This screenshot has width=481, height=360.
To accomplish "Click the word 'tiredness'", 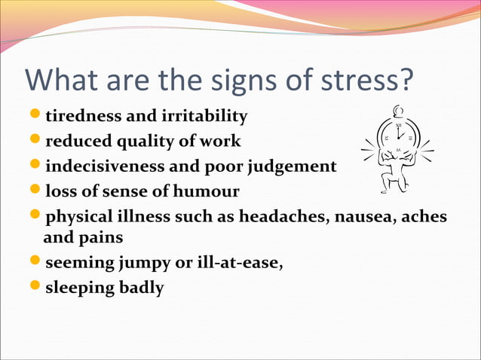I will point(79,117).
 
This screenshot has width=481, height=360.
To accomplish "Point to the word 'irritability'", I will point(204,117).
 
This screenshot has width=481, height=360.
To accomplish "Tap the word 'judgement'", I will point(294,166).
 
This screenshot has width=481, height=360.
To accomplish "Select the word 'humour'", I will point(205,191).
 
